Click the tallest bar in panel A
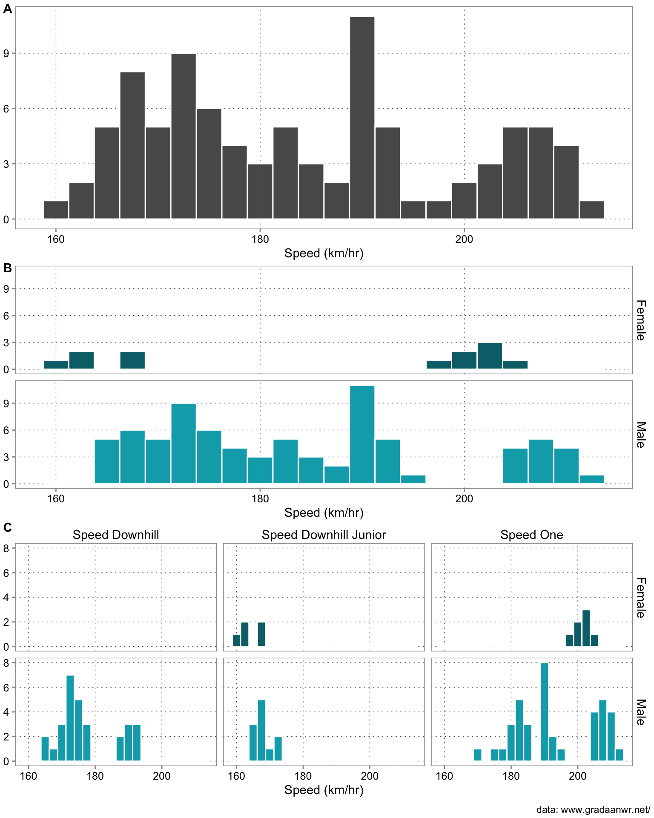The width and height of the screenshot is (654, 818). click(362, 118)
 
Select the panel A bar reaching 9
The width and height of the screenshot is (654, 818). click(184, 136)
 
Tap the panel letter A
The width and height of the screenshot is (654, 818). click(7, 9)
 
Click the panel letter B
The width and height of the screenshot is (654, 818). click(7, 268)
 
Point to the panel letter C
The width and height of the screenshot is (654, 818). click(7, 527)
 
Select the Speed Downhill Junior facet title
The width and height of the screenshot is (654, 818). click(324, 535)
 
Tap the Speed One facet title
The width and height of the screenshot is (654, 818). click(531, 535)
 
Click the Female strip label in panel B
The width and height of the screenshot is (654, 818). click(641, 320)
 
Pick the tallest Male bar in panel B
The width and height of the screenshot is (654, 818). click(362, 435)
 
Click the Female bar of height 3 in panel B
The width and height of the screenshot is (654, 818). click(490, 356)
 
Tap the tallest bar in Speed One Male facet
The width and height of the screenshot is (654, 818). click(544, 711)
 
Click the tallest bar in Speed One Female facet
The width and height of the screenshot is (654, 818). click(586, 628)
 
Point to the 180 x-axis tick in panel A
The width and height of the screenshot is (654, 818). click(260, 239)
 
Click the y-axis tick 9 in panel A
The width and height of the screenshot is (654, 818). click(6, 54)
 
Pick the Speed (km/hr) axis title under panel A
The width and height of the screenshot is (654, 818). click(324, 253)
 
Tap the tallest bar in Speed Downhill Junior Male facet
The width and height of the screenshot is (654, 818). click(261, 730)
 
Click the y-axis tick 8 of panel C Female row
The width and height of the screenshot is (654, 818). click(6, 548)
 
